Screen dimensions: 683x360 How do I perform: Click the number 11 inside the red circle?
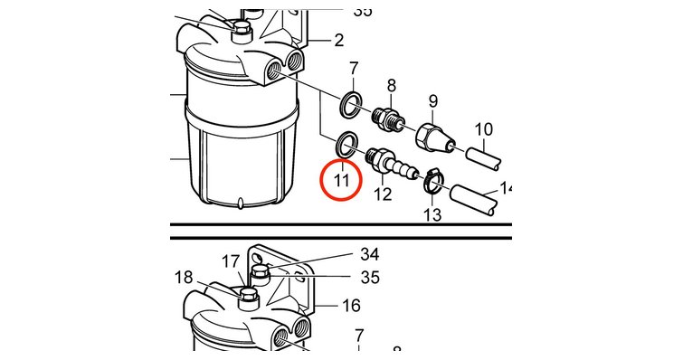(342, 180)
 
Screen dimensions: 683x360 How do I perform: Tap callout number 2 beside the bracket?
(339, 41)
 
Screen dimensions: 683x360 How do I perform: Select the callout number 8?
(391, 86)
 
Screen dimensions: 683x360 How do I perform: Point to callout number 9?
(432, 101)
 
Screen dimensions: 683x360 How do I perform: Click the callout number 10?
(483, 129)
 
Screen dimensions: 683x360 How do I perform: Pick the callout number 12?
(384, 194)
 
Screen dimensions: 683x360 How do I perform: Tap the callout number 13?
(432, 214)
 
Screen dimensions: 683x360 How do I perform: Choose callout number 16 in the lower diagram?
(351, 306)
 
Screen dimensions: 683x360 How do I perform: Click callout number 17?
(231, 261)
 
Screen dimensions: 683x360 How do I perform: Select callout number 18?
(184, 278)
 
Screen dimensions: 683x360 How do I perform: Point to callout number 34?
(369, 254)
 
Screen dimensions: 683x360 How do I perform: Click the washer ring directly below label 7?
(351, 104)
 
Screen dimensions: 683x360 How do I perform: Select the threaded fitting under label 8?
(387, 118)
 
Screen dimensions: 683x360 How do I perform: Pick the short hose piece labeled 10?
(483, 159)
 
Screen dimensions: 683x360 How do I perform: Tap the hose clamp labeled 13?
(432, 181)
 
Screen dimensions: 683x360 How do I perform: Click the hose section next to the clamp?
(472, 198)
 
